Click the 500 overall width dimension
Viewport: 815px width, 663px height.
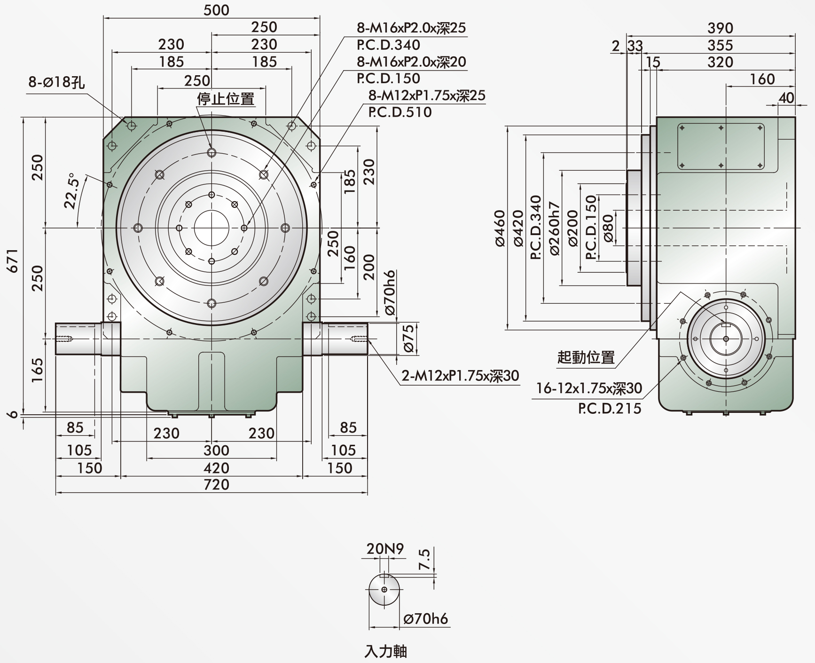click(216, 10)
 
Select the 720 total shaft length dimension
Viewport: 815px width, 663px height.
click(216, 484)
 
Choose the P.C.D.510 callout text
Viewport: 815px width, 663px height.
click(400, 112)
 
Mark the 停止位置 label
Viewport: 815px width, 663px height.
click(226, 99)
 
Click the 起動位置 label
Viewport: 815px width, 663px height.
click(586, 357)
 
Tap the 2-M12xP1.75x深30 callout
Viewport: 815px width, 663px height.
click(460, 375)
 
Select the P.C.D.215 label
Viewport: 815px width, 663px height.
click(610, 408)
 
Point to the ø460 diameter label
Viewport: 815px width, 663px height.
click(500, 228)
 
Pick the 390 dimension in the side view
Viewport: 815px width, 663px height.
click(720, 28)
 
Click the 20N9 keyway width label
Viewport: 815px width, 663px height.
click(385, 549)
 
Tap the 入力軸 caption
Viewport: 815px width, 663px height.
click(385, 651)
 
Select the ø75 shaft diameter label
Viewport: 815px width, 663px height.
click(408, 338)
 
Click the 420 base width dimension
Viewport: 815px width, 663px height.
click(216, 468)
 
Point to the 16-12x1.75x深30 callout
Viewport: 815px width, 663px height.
click(589, 388)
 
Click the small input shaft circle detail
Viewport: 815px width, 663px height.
click(384, 590)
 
